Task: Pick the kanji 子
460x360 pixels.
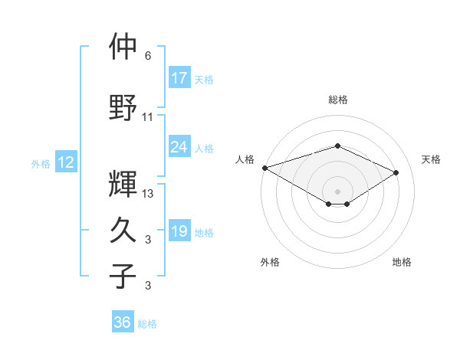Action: click(123, 275)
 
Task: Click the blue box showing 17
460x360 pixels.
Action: click(179, 78)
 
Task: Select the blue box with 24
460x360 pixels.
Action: click(179, 147)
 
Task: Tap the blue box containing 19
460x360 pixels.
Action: click(179, 232)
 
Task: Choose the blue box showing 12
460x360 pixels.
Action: click(65, 162)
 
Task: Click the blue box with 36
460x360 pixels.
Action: click(123, 322)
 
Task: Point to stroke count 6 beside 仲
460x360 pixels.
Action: click(148, 56)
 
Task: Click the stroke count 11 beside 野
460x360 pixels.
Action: click(148, 117)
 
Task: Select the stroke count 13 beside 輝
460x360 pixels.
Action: click(148, 194)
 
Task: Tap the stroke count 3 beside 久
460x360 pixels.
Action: click(148, 241)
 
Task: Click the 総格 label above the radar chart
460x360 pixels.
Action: click(337, 100)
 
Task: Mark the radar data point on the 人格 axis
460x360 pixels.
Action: click(264, 168)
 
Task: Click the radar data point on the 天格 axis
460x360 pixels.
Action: click(396, 172)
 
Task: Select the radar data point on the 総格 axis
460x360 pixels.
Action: click(337, 146)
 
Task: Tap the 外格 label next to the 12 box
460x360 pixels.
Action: click(40, 163)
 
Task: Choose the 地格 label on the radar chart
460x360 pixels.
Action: click(402, 263)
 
